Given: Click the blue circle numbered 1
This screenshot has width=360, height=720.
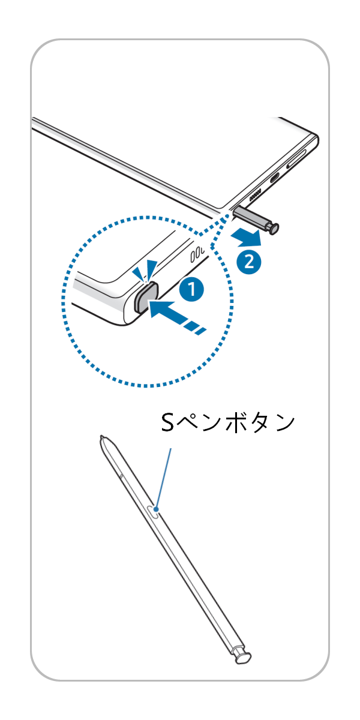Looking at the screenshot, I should point(191,290).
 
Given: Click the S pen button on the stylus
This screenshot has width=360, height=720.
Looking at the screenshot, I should point(153,511).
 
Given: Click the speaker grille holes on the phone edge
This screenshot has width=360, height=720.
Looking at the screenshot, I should point(254,196).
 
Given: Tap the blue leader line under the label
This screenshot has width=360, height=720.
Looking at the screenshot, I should point(164,477).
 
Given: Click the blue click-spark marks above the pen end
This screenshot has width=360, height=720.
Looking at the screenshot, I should point(146,269).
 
